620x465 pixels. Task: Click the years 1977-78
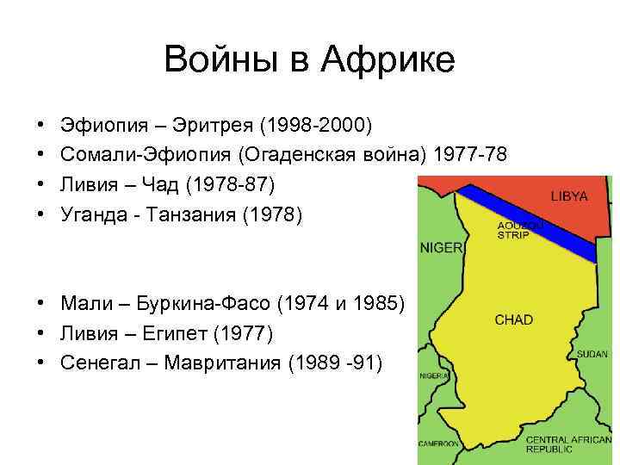471,155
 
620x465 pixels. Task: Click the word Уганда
94,214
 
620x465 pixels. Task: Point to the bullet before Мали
42,302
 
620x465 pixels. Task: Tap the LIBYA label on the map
569,196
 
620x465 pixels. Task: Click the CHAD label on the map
513,319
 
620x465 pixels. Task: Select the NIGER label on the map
441,247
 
